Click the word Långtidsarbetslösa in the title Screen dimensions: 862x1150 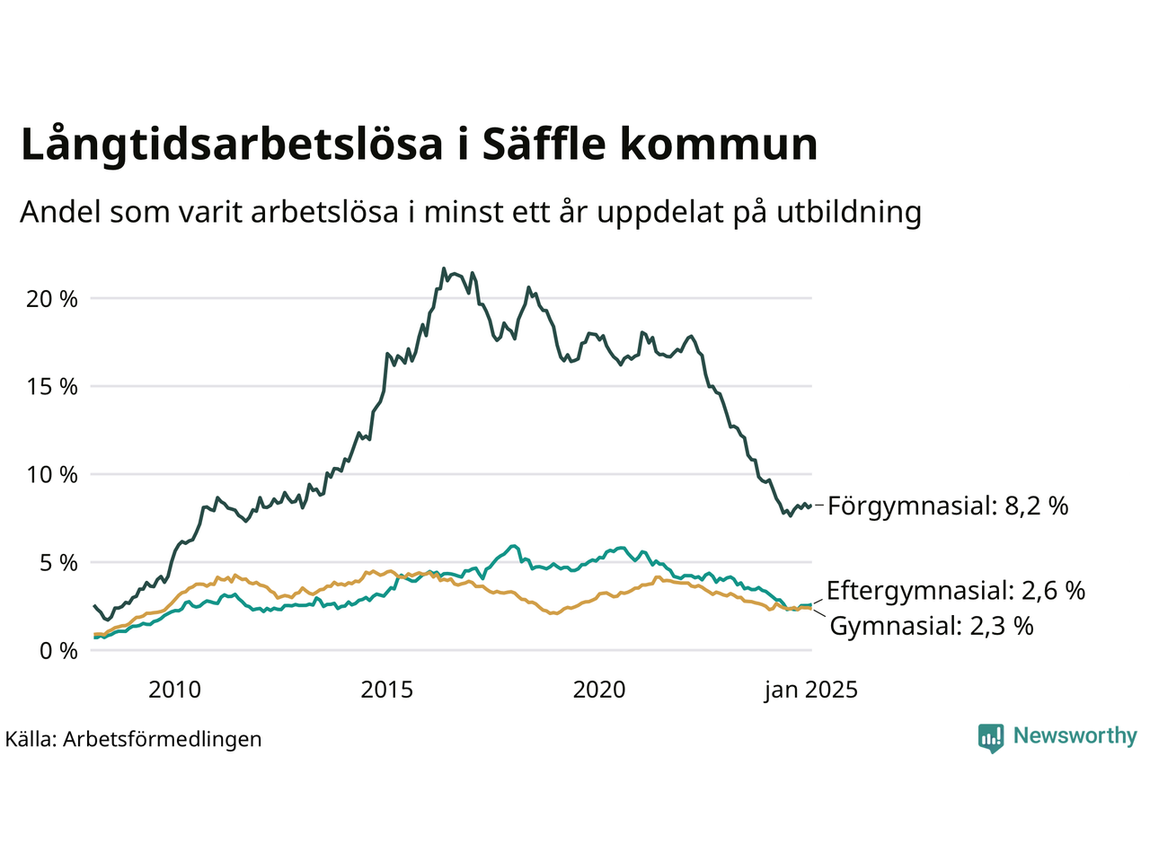[x=232, y=145]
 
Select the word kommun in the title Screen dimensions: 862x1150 [x=717, y=145]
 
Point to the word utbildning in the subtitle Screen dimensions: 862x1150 [x=849, y=212]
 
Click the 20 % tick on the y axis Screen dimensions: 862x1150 [x=52, y=299]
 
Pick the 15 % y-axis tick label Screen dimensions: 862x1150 [x=52, y=387]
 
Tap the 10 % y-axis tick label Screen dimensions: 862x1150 [x=52, y=475]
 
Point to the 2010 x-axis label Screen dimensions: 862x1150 [x=174, y=690]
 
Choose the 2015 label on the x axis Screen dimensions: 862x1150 [x=387, y=690]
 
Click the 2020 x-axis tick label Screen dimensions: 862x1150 [x=599, y=690]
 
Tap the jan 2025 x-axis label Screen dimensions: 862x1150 [x=811, y=690]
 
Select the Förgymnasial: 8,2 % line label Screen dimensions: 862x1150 [x=948, y=506]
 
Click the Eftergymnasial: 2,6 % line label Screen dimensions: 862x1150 [x=956, y=591]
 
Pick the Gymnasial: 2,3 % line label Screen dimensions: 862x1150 [x=932, y=626]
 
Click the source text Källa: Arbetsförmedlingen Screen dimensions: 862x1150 [x=134, y=739]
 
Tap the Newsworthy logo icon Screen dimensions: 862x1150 [x=991, y=738]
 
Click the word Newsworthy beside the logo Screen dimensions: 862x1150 [x=1075, y=736]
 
